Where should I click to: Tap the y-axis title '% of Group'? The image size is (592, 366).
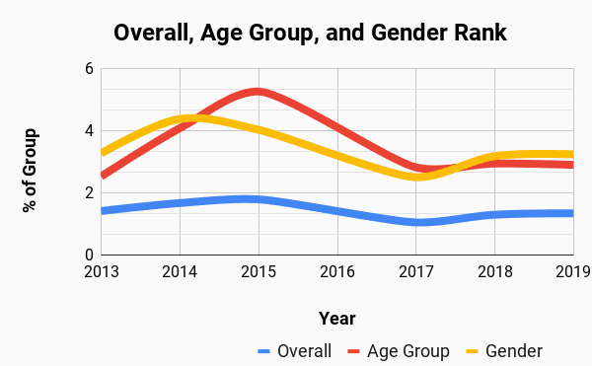click(32, 170)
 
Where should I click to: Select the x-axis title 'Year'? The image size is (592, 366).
click(336, 318)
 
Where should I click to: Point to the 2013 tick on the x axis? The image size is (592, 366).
click(102, 271)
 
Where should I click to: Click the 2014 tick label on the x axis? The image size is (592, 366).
click(180, 271)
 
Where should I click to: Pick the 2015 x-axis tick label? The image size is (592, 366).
click(259, 271)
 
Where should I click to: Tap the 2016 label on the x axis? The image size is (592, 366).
click(337, 271)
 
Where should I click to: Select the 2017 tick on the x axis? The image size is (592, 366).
click(416, 271)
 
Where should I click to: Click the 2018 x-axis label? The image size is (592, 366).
click(494, 271)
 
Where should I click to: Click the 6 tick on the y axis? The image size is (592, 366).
click(88, 69)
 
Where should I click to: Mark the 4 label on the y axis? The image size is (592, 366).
click(88, 131)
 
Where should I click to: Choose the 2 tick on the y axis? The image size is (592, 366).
click(88, 192)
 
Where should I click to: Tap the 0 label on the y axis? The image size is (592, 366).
click(88, 254)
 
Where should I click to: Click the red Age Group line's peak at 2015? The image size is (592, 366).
click(259, 92)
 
